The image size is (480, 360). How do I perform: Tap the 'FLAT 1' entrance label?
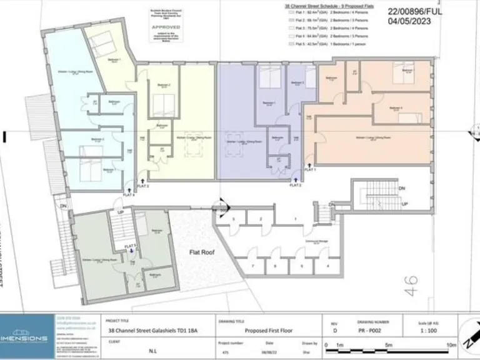click(x=311, y=169)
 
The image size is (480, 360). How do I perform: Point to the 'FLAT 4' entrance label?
click(x=129, y=194)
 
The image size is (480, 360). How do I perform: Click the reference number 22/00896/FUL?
click(x=426, y=11)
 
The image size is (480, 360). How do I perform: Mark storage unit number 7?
click(x=253, y=266)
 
